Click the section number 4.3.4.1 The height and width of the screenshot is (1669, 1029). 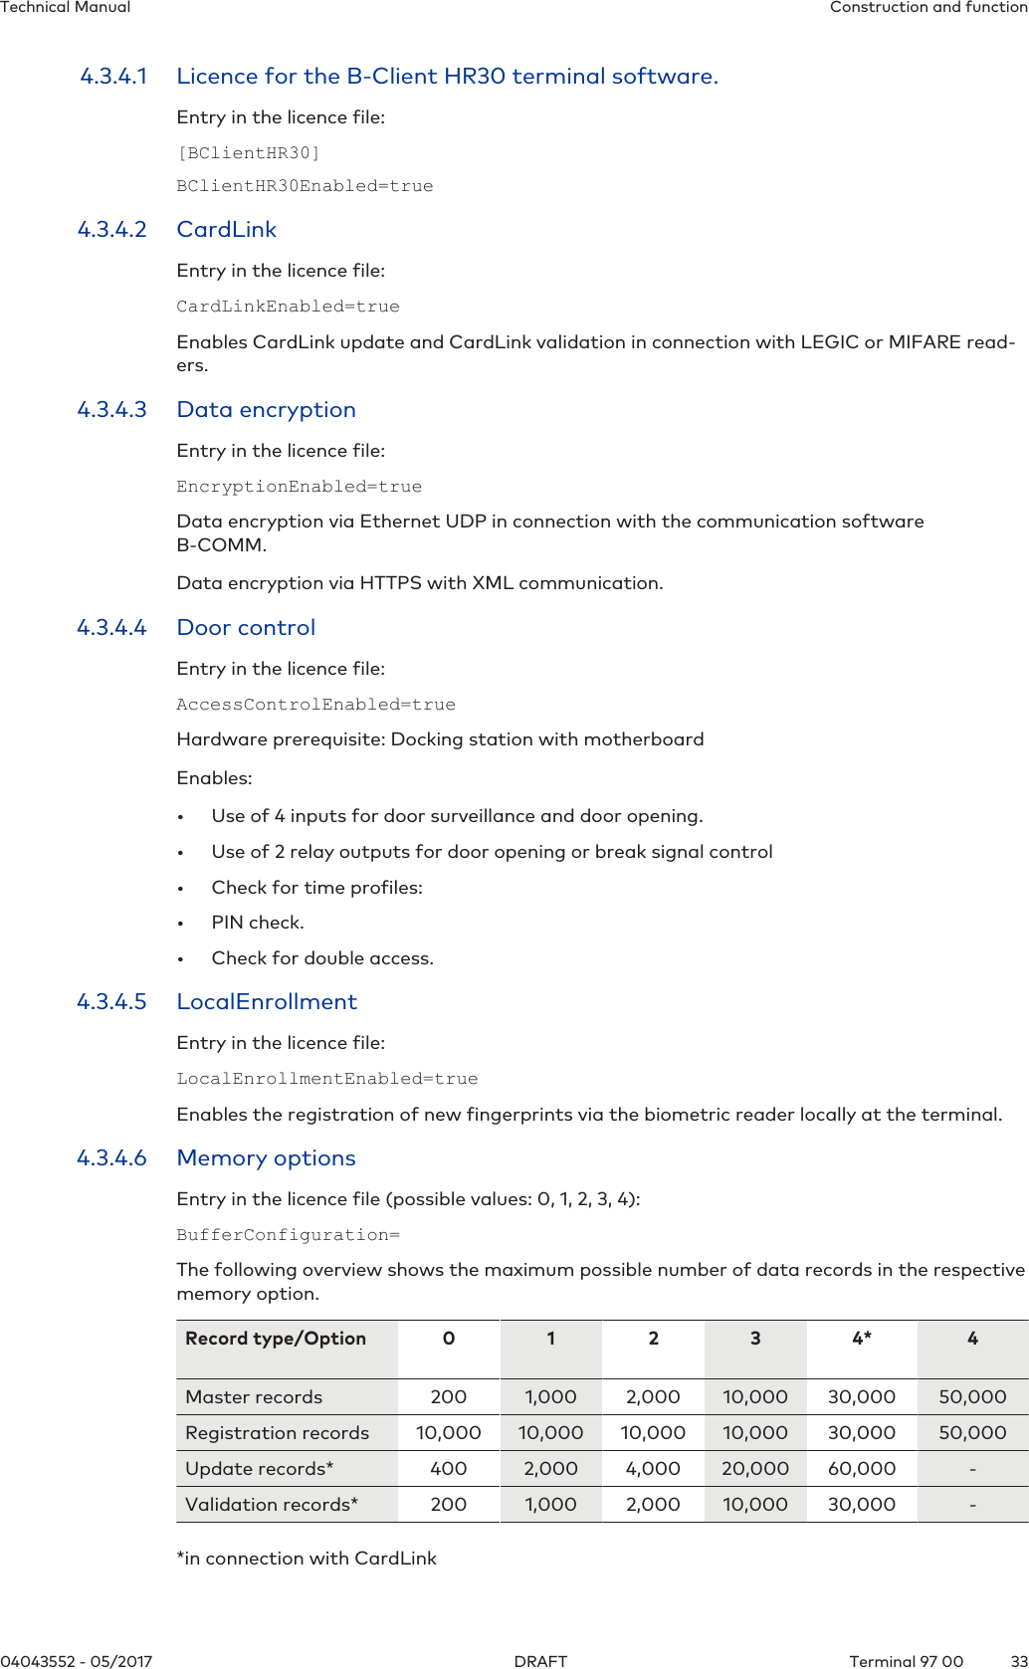[x=113, y=77]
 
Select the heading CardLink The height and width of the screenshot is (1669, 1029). [x=226, y=230]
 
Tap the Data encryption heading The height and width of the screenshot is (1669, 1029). [x=266, y=410]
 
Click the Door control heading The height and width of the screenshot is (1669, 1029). [x=246, y=628]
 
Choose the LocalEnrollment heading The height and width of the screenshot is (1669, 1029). [x=267, y=1002]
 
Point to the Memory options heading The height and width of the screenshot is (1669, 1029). [x=266, y=1158]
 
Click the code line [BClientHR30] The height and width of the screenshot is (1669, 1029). [x=248, y=153]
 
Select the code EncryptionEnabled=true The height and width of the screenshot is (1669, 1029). [x=299, y=487]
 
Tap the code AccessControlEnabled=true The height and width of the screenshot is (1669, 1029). [x=315, y=705]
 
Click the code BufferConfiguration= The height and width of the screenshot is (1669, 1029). [x=288, y=1235]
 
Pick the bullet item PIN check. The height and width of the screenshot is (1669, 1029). [x=258, y=923]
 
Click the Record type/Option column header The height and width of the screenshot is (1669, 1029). [x=276, y=1339]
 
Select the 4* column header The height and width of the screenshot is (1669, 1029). [x=862, y=1339]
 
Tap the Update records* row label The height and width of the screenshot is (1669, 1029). [x=259, y=1469]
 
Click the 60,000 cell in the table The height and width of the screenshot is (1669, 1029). [x=862, y=1469]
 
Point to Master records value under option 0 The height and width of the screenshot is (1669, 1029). [x=448, y=1397]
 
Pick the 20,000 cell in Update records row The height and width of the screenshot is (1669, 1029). [x=755, y=1469]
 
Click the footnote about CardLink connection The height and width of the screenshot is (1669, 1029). [x=307, y=1559]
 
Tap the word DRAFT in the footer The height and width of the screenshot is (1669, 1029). [x=540, y=1661]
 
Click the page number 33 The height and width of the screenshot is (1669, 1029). [x=1018, y=1661]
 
